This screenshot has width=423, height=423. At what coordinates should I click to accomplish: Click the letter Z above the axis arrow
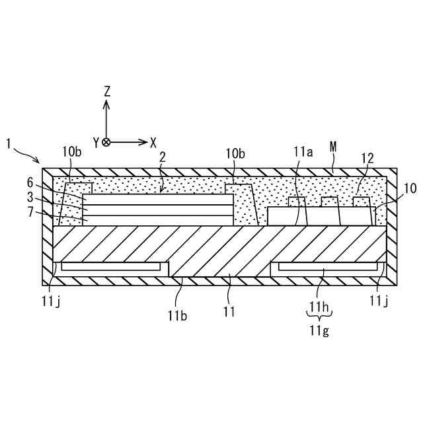(x=106, y=91)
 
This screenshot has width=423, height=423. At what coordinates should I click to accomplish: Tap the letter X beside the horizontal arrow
(x=153, y=142)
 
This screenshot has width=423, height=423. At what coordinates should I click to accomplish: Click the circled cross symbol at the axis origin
(x=106, y=142)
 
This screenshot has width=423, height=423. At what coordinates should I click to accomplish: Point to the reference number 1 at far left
(x=8, y=142)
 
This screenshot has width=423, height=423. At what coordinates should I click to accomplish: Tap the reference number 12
(x=367, y=158)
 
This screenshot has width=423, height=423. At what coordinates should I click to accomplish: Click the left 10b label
(x=73, y=152)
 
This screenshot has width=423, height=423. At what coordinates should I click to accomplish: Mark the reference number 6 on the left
(x=30, y=182)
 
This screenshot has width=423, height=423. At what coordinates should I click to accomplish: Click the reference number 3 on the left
(x=30, y=198)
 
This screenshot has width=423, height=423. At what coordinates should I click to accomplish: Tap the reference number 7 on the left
(x=30, y=213)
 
